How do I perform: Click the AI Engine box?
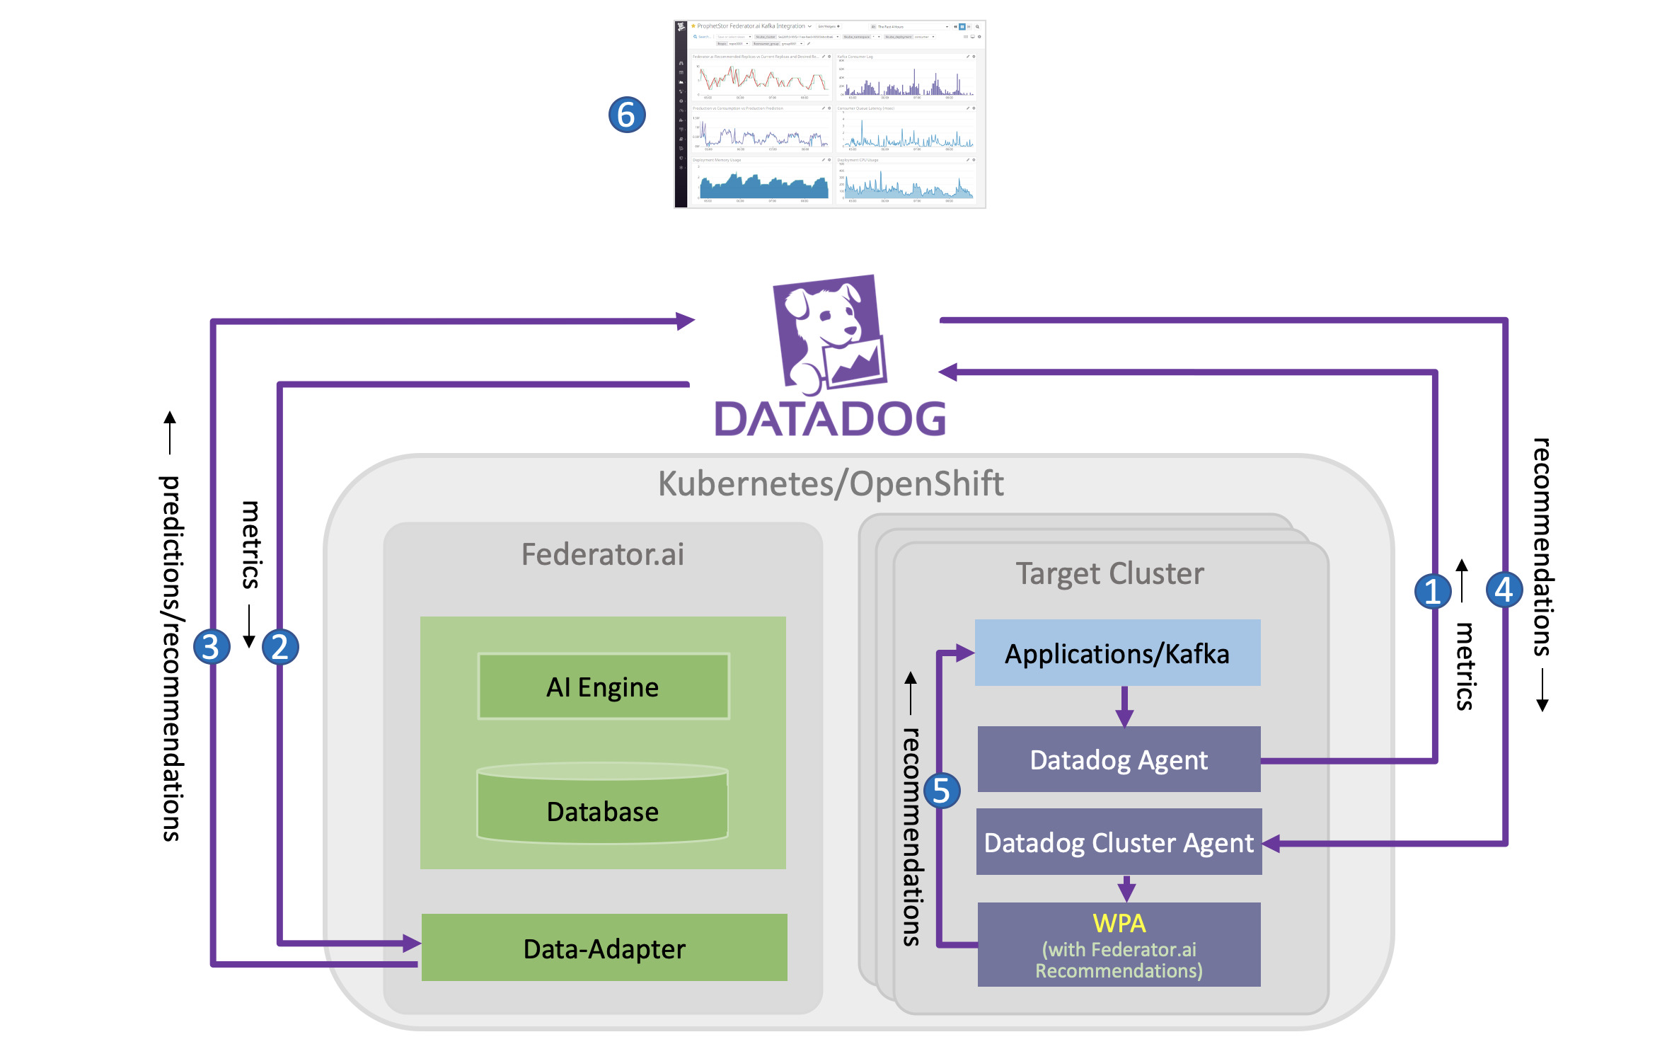pyautogui.click(x=603, y=687)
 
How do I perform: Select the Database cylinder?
pyautogui.click(x=603, y=806)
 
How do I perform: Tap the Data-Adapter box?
pyautogui.click(x=604, y=948)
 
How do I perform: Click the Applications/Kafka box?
pyautogui.click(x=1117, y=653)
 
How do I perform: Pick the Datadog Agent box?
pyautogui.click(x=1119, y=759)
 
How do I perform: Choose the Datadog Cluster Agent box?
pyautogui.click(x=1119, y=842)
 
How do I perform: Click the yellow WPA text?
pyautogui.click(x=1119, y=923)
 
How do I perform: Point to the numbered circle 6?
pyautogui.click(x=627, y=115)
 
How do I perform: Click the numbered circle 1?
pyautogui.click(x=1433, y=591)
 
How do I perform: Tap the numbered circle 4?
pyautogui.click(x=1504, y=590)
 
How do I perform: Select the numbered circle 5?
pyautogui.click(x=942, y=791)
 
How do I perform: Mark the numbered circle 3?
pyautogui.click(x=211, y=647)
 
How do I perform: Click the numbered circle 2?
pyautogui.click(x=280, y=647)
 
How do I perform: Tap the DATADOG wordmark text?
pyautogui.click(x=830, y=419)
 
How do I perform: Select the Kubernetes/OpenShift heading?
pyautogui.click(x=831, y=484)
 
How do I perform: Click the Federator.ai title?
pyautogui.click(x=603, y=554)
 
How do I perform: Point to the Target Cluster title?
pyautogui.click(x=1109, y=573)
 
